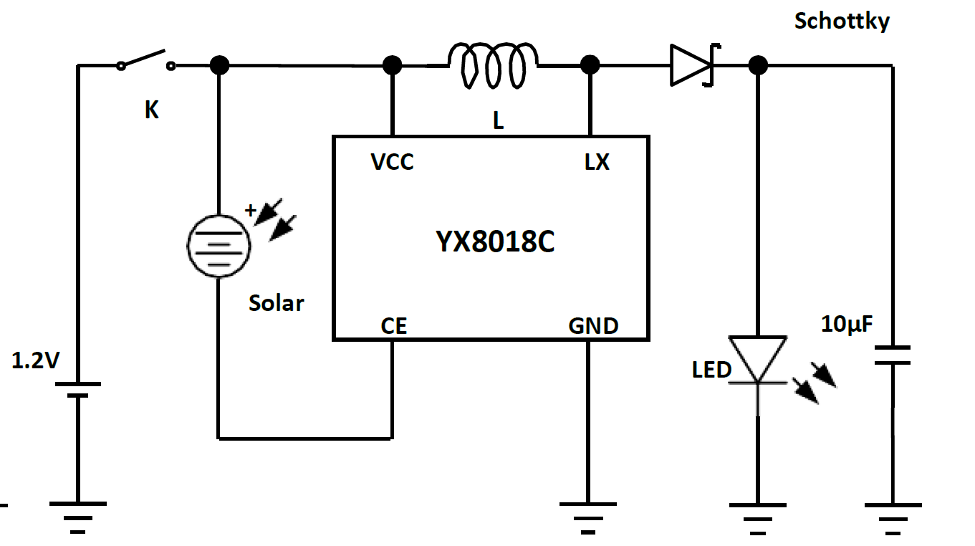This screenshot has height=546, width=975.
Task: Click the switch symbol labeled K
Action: [x=146, y=62]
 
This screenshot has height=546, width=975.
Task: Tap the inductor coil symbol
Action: [x=494, y=65]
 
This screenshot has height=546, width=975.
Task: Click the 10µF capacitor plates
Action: [x=893, y=355]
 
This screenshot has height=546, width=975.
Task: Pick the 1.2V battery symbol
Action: [x=77, y=389]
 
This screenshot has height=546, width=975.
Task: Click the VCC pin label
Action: [x=392, y=163]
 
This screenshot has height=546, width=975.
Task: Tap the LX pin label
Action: [x=597, y=163]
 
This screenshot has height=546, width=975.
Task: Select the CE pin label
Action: [x=393, y=326]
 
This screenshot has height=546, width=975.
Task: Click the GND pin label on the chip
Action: [x=593, y=326]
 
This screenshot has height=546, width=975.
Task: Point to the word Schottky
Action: [x=842, y=21]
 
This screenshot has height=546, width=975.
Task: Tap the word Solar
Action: [x=276, y=303]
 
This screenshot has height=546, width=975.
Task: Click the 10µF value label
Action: [x=847, y=325]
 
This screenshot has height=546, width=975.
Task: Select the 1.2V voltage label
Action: [x=35, y=360]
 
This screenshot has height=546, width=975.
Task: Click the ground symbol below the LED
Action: [x=758, y=517]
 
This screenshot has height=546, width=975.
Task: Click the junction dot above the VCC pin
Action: [x=392, y=65]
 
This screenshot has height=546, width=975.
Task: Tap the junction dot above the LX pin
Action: [x=590, y=65]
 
